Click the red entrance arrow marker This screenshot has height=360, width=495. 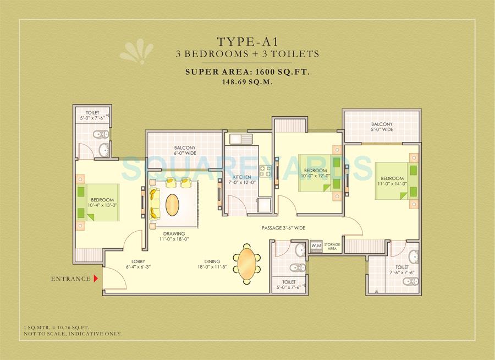pyautogui.click(x=96, y=279)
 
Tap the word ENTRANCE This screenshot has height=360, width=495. pyautogui.click(x=70, y=279)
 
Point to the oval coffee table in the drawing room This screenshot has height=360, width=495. pyautogui.click(x=173, y=205)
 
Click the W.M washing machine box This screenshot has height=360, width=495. pyautogui.click(x=316, y=245)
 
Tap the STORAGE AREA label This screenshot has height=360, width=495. pyautogui.click(x=332, y=245)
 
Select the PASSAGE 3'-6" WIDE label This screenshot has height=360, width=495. pyautogui.click(x=283, y=228)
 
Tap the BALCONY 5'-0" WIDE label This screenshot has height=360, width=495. pyautogui.click(x=382, y=127)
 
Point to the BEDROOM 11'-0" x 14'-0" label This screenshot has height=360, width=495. pyautogui.click(x=392, y=181)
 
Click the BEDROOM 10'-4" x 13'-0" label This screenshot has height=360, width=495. pyautogui.click(x=102, y=202)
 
